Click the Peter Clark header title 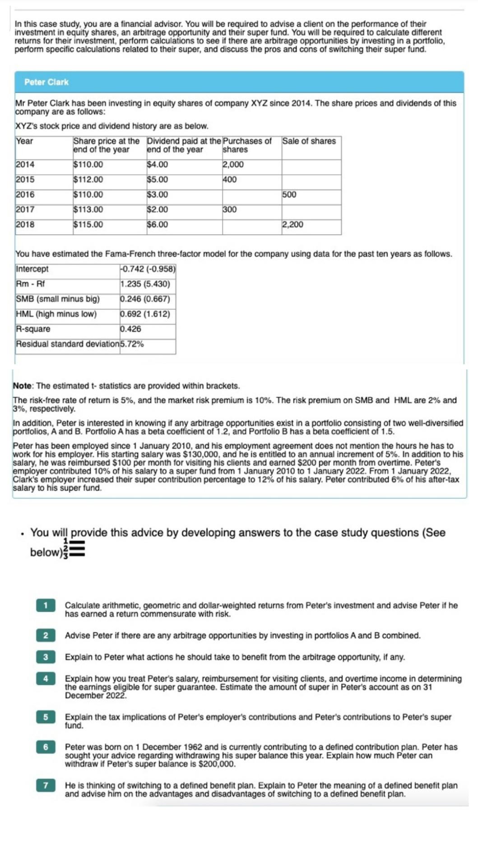[x=46, y=82]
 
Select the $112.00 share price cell [x=88, y=179]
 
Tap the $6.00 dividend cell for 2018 [x=158, y=224]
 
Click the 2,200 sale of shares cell [x=293, y=224]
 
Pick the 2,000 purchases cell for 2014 [x=233, y=165]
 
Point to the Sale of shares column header [x=309, y=141]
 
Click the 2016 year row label [x=25, y=194]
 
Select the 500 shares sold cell [x=289, y=194]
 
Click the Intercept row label [x=32, y=269]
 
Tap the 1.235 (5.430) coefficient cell [x=145, y=284]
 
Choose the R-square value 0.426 [x=131, y=329]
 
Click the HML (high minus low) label [x=56, y=314]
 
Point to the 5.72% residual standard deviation [x=132, y=344]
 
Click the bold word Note [x=22, y=386]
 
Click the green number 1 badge [x=46, y=605]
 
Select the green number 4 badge [x=46, y=678]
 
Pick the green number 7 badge [x=46, y=785]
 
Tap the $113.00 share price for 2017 [x=88, y=209]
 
